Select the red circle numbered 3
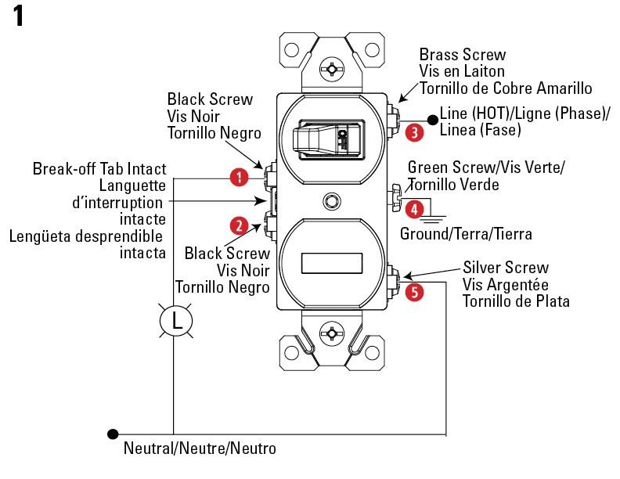[416, 132]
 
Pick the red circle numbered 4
[415, 209]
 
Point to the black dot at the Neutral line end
[114, 433]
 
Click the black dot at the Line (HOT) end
[431, 119]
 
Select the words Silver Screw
[505, 268]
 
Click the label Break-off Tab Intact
[99, 169]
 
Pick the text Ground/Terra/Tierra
[467, 233]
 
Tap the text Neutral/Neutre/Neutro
[200, 449]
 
